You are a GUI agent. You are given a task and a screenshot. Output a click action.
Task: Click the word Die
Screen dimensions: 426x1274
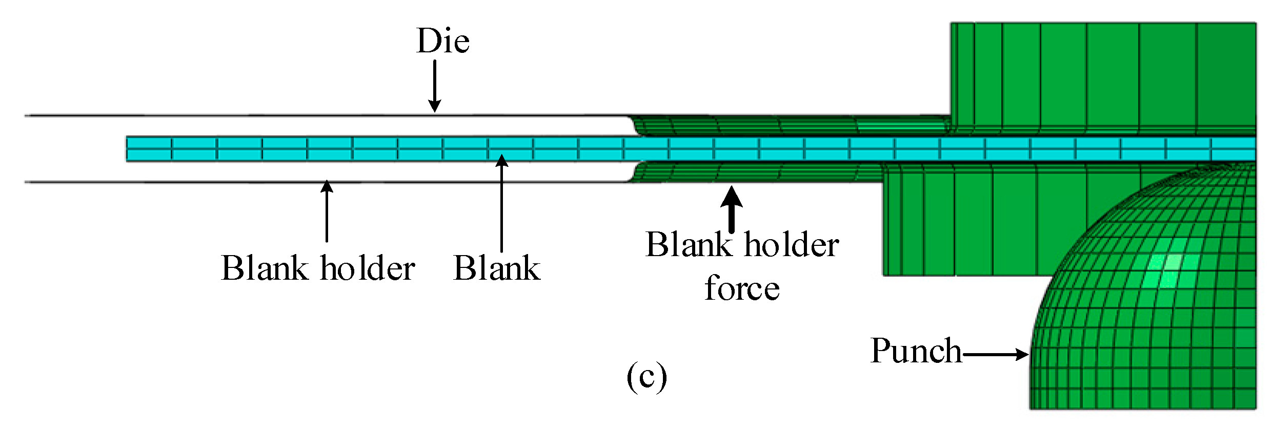[x=443, y=41]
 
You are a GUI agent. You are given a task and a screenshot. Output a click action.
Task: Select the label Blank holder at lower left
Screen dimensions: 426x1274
[x=318, y=268]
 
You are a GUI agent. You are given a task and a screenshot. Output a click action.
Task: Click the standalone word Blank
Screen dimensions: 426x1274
[x=497, y=268]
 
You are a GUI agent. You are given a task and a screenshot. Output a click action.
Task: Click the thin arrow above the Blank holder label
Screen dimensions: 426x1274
[x=327, y=210]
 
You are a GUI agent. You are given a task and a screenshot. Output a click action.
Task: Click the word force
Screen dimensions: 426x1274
[x=742, y=288]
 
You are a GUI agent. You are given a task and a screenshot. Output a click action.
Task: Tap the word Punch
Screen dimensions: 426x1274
[x=916, y=352]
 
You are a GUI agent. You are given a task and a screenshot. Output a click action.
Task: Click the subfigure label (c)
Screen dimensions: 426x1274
[x=646, y=377]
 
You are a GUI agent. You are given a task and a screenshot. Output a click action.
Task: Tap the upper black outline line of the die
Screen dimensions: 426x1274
[x=308, y=115]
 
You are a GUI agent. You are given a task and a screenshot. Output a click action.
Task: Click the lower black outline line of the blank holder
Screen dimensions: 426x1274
[x=308, y=182]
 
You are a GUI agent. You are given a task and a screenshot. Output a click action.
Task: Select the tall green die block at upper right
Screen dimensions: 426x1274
[x=1102, y=77]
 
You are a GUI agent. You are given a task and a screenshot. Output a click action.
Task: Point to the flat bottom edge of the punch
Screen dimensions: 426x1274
[x=1143, y=408]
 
